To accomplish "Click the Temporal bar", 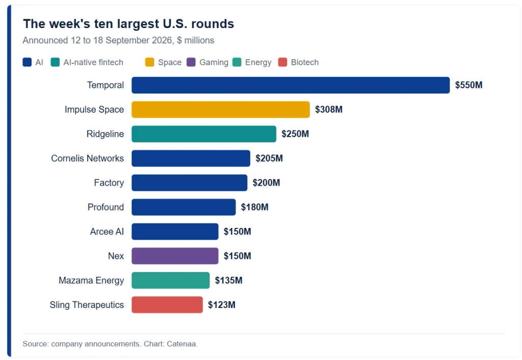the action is (x=291, y=85).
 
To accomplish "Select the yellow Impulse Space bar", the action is (x=221, y=110).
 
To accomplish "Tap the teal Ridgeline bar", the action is (x=204, y=134).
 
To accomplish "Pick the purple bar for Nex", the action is (x=175, y=256).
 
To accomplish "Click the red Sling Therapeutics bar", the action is (x=167, y=305).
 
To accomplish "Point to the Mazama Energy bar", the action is (x=170, y=280).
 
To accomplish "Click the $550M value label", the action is (x=469, y=85).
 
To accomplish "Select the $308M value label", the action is (x=329, y=110).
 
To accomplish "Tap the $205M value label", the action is (x=269, y=158).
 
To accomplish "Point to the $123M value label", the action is (x=222, y=305).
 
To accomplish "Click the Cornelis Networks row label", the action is (x=88, y=158).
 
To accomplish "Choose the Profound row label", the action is (x=106, y=207).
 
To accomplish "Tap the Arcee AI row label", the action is (x=107, y=232).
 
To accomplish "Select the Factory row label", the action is (x=109, y=183).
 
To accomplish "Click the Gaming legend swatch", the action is (x=191, y=62).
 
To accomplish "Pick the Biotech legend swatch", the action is (x=282, y=62).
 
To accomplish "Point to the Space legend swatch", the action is (x=150, y=62).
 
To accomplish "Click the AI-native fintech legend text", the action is (x=93, y=62).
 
